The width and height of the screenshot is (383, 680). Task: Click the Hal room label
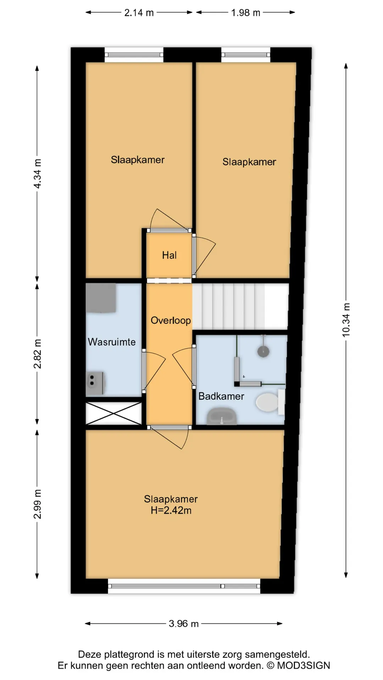tap(169, 255)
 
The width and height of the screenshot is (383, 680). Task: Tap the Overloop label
tap(171, 321)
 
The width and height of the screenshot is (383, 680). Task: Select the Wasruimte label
tap(112, 342)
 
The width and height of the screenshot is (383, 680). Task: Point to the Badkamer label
tap(221, 396)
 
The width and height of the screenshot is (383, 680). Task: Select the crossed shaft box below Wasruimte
tap(113, 413)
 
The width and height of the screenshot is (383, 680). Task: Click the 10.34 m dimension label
tap(346, 320)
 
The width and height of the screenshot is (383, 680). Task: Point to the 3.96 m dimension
tap(183, 623)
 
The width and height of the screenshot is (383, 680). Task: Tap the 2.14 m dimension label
tap(139, 13)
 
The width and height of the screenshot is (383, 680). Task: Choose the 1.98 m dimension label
tap(245, 13)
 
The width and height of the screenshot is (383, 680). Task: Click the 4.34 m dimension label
tap(37, 174)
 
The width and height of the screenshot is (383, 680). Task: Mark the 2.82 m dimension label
tap(37, 353)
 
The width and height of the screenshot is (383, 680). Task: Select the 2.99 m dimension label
tap(37, 504)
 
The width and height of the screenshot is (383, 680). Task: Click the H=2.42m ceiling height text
tap(171, 510)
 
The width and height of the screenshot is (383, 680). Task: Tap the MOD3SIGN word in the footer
tap(303, 665)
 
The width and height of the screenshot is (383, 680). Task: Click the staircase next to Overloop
tap(240, 307)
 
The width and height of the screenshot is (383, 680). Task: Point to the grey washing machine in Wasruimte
tap(101, 298)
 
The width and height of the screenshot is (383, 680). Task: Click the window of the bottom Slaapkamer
tap(184, 586)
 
